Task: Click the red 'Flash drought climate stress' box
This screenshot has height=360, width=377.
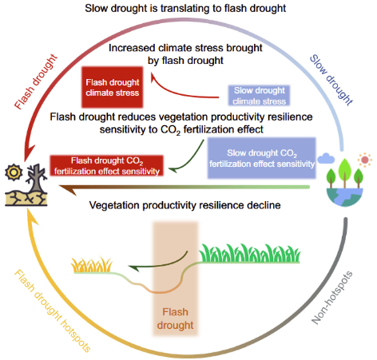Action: pos(112,87)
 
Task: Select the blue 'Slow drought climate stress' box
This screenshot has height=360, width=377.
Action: pos(259,96)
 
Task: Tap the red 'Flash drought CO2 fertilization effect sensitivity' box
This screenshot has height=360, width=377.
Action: pos(107,165)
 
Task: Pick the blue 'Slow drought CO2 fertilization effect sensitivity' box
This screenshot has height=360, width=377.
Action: pos(262,158)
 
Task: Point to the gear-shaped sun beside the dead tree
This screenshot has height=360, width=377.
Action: pos(14,172)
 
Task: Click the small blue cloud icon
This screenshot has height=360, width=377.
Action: pos(326,158)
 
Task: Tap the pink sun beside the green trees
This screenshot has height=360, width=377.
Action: pos(365,160)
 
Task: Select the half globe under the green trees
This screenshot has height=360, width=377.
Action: pos(345,197)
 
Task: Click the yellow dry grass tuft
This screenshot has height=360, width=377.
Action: pos(92,265)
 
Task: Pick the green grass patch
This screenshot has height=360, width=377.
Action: pos(250,253)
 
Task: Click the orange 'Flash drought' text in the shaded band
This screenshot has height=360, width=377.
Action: pos(175,318)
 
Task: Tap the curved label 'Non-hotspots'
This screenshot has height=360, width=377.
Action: pos(332,298)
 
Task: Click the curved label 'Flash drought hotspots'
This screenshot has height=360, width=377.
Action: pos(53,311)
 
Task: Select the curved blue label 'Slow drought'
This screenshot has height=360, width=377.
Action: pos(331,80)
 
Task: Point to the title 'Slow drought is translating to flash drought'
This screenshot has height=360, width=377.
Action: pos(185,8)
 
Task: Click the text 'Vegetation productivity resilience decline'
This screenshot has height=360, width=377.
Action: pos(185,205)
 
